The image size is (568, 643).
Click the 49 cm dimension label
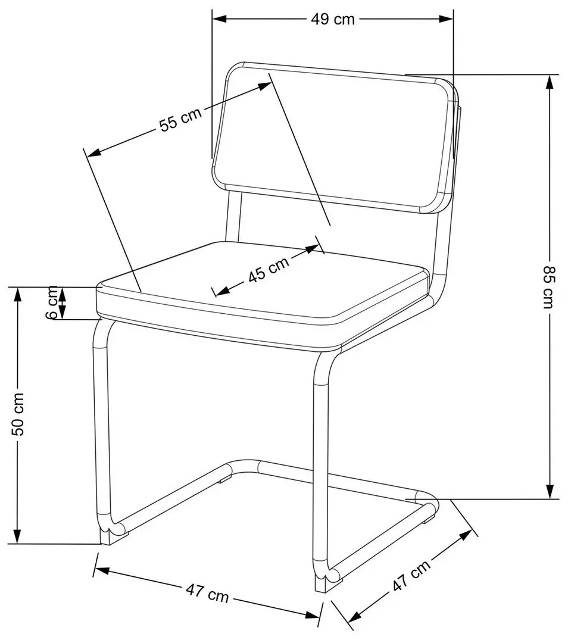[x=333, y=19]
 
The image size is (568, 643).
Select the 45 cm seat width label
[x=269, y=269]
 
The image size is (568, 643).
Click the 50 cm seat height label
[x=17, y=414]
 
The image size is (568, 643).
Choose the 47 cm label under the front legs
[x=207, y=593]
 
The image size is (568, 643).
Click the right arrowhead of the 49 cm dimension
[x=446, y=19]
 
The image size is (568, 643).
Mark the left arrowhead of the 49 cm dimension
[x=220, y=19]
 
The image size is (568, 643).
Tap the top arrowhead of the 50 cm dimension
[x=17, y=295]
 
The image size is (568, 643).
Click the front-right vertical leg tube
[x=321, y=472]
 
